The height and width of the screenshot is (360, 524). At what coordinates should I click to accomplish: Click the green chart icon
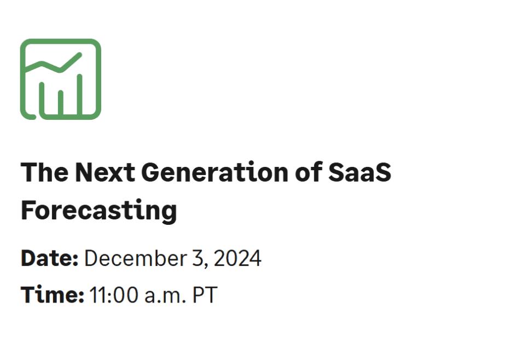[61, 79]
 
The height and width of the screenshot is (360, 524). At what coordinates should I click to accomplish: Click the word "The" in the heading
[44, 173]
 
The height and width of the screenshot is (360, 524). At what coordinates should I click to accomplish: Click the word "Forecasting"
[98, 210]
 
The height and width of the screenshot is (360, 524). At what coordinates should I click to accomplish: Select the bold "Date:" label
[50, 258]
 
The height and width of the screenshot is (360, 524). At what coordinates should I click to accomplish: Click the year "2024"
[237, 258]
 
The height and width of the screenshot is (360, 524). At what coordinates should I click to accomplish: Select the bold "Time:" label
[52, 295]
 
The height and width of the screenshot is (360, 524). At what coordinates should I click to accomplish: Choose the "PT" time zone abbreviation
[205, 295]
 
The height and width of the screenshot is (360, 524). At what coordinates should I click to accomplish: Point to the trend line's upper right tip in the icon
[80, 55]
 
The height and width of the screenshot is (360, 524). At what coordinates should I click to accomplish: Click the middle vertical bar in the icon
[61, 102]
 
